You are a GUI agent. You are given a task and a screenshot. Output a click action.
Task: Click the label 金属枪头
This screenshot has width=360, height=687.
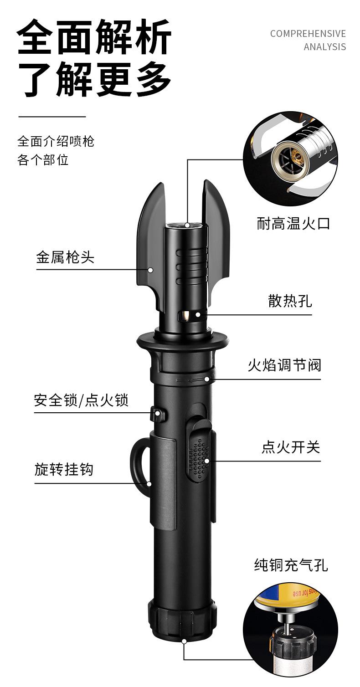click(x=65, y=257)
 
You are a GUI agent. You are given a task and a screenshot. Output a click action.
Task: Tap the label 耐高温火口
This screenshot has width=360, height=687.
click(x=293, y=223)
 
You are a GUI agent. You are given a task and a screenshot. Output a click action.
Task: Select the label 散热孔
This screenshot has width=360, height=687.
click(x=290, y=301)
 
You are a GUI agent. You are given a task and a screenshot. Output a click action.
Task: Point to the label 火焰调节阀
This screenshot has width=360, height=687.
click(x=284, y=365)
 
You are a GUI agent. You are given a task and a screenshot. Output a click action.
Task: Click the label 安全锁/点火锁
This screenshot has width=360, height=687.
click(x=81, y=400)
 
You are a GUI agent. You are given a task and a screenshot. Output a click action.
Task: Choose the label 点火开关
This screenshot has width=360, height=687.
click(x=290, y=447)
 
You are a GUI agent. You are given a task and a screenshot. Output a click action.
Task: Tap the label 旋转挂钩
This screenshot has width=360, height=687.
click(x=64, y=469)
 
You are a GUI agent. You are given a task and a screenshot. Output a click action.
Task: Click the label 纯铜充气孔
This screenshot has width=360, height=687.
click(x=291, y=565)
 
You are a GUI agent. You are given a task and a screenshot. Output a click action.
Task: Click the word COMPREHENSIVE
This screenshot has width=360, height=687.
click(x=308, y=34)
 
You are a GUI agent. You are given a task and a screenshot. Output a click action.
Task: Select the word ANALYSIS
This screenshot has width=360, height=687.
click(x=324, y=47)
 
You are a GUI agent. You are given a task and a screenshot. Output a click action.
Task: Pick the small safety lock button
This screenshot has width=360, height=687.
click(x=157, y=414)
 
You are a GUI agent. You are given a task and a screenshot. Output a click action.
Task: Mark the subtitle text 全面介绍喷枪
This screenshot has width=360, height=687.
click(x=56, y=141)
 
